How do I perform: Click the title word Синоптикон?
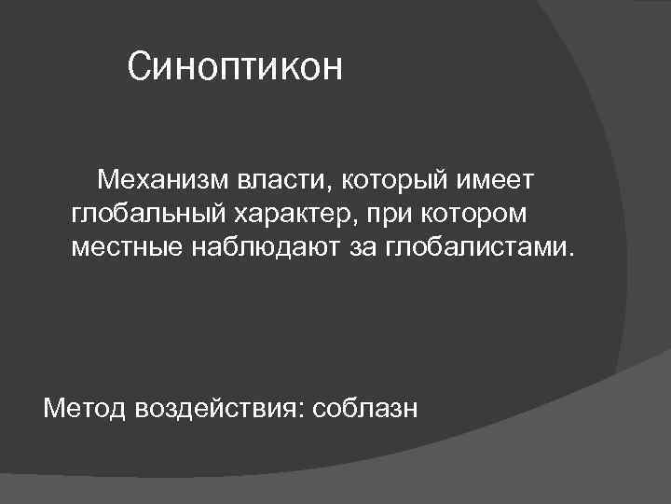[236, 67]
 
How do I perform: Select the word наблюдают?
[260, 249]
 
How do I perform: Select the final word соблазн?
[366, 408]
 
